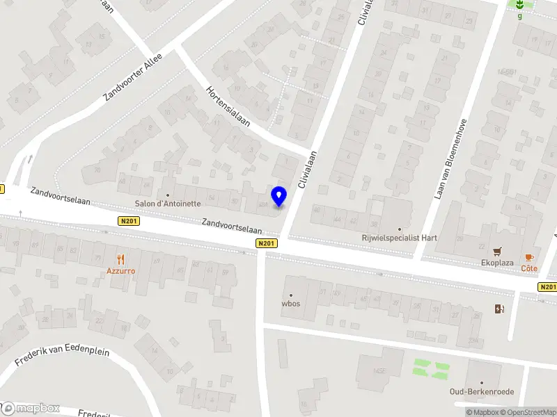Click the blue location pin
[x=279, y=196]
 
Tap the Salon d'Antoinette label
[x=168, y=204]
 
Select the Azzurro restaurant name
[x=120, y=270]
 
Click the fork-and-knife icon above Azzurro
[x=120, y=259]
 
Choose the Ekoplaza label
[x=498, y=263]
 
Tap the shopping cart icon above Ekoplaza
[x=498, y=252]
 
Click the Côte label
[x=530, y=268]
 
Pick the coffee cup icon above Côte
[x=530, y=257]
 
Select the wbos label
[x=290, y=304]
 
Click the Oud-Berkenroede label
[x=482, y=392]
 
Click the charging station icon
[x=499, y=309]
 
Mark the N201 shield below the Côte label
[x=547, y=286]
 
